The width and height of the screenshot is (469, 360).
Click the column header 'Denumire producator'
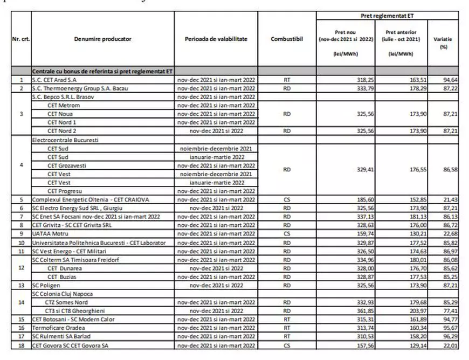102,39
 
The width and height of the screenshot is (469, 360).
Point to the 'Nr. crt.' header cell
22,39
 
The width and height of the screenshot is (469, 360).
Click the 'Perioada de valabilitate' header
216,39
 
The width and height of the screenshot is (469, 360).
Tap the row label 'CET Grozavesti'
67,165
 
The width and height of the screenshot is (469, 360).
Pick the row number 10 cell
22,243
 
